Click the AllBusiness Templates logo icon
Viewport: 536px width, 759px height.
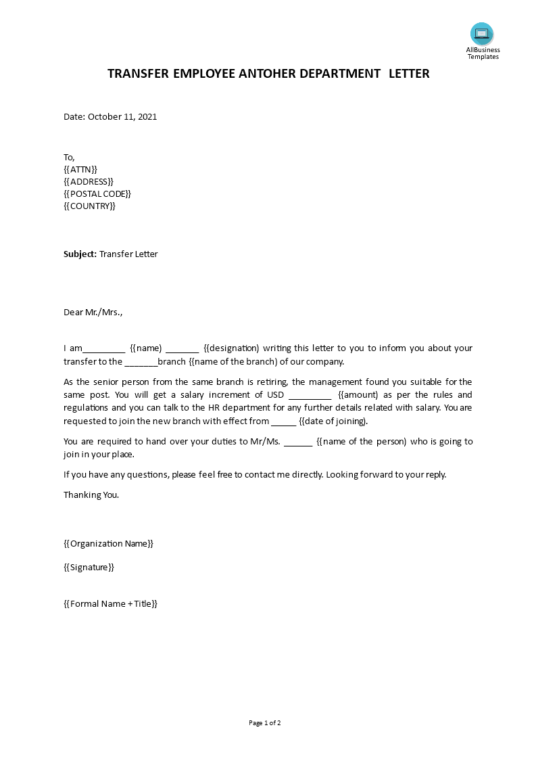482,34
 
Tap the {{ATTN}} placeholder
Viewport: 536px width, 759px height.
80,169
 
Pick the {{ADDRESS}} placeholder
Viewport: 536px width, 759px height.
89,181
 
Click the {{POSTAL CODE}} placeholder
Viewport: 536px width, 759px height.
97,193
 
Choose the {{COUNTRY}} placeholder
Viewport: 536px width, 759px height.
89,206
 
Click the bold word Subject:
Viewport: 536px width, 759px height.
80,254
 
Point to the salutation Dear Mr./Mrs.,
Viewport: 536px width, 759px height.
93,312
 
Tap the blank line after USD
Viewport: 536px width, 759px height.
310,395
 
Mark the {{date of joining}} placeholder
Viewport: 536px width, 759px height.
333,421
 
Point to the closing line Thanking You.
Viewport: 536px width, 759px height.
91,495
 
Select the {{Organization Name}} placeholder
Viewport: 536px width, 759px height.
109,543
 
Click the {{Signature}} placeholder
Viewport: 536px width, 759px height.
89,567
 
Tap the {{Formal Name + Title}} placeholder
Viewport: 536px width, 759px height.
110,603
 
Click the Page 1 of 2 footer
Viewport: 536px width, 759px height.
264,723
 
